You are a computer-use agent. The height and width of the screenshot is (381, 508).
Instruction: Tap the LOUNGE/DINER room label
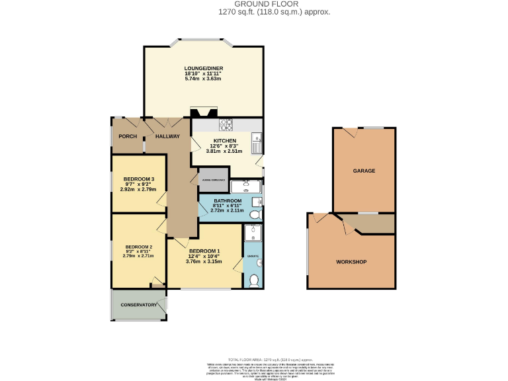[204, 69]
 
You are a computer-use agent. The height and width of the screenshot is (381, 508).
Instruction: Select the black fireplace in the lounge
[199, 113]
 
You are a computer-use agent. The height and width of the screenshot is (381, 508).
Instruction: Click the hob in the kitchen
[225, 124]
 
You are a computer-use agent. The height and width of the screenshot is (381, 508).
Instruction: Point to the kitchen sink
[257, 141]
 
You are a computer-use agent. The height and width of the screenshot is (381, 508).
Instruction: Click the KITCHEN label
[224, 141]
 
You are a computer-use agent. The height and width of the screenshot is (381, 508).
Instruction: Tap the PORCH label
[128, 136]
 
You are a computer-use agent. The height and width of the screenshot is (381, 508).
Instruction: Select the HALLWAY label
[167, 136]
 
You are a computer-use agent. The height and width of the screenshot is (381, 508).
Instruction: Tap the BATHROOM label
[227, 200]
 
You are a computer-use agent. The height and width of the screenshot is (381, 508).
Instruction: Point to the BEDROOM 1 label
[204, 251]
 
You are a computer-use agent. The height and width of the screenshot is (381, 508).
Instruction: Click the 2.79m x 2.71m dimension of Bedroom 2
[138, 256]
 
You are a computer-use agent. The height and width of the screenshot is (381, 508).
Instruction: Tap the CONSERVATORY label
[138, 305]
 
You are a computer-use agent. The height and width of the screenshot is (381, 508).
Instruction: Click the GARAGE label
[364, 171]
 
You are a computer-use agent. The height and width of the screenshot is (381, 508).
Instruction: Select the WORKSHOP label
[351, 262]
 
